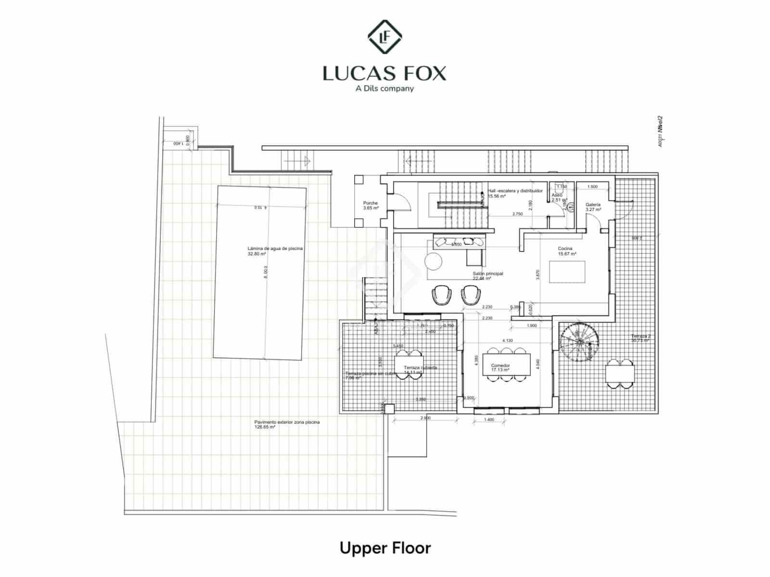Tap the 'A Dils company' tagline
pos(385,88)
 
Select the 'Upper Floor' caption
pos(385,548)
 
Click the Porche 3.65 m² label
pos(371,206)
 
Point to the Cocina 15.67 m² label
pos(566,251)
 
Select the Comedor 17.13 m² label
pos(500,367)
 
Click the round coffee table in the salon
pos(434,261)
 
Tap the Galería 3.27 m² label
pos(593,207)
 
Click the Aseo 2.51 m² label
pos(558,197)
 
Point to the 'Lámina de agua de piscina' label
pos(275,251)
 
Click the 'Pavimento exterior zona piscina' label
pos(287,424)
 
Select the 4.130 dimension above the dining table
pos(507,340)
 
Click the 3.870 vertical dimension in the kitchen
pos(538,274)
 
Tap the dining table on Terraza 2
pos(620,373)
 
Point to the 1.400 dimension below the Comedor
pos(488,420)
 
